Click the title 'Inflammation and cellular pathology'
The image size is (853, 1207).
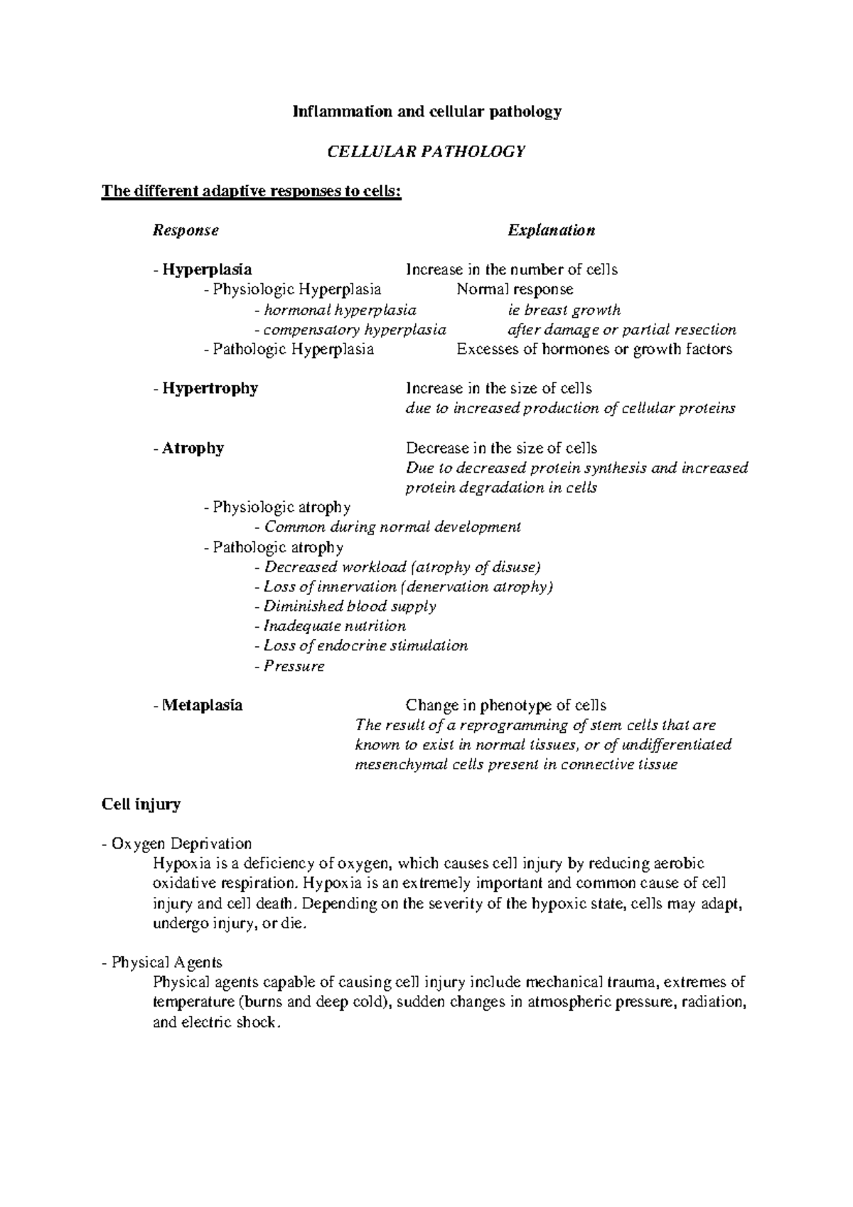pyautogui.click(x=428, y=112)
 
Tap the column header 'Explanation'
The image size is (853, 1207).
pyautogui.click(x=551, y=230)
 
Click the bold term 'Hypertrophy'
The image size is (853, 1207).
pyautogui.click(x=210, y=388)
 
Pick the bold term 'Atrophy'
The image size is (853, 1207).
pyautogui.click(x=193, y=448)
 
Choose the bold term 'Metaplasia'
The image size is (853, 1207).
pyautogui.click(x=202, y=705)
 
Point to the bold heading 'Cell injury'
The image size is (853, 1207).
pyautogui.click(x=141, y=805)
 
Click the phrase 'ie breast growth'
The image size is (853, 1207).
pyautogui.click(x=564, y=310)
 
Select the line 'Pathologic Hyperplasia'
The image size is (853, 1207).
pyautogui.click(x=292, y=349)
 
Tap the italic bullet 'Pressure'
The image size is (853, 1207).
pyautogui.click(x=294, y=667)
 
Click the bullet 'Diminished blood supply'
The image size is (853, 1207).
pyautogui.click(x=349, y=606)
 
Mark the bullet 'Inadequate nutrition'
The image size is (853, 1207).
pyautogui.click(x=334, y=626)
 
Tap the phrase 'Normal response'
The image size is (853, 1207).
pyautogui.click(x=515, y=289)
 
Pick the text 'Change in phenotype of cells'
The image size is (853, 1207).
pyautogui.click(x=505, y=705)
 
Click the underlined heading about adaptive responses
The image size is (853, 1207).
pyautogui.click(x=252, y=191)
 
